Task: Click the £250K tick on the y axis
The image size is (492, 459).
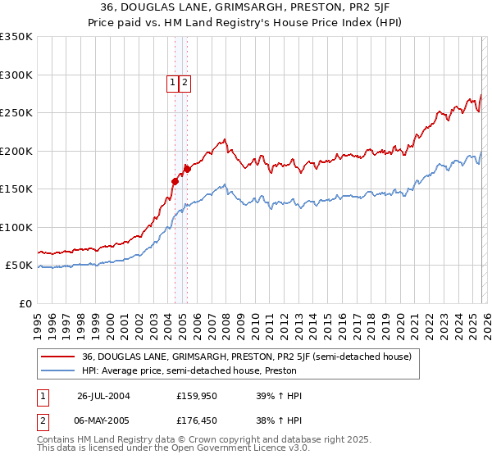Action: pos(16,113)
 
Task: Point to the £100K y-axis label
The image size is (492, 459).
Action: pos(16,227)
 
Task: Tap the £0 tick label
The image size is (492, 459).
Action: pos(26,303)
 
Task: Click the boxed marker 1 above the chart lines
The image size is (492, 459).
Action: pos(173,82)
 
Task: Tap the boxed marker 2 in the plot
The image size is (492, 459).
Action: pos(185,82)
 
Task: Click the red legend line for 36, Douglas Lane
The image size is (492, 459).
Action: pos(58,357)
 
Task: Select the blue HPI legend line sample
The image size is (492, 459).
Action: pos(58,370)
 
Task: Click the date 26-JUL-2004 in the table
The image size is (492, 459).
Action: pos(103,396)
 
